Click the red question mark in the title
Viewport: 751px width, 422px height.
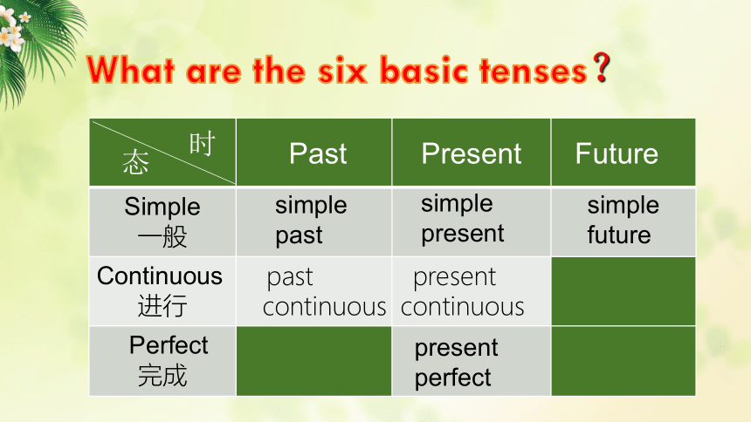(x=601, y=67)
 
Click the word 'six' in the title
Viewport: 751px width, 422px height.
(x=342, y=71)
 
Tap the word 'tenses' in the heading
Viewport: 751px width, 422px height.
(x=533, y=71)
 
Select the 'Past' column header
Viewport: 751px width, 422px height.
(x=318, y=153)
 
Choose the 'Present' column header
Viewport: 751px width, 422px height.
(x=472, y=153)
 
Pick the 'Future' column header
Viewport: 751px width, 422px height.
(x=617, y=153)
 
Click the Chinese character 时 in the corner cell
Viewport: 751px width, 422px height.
(x=202, y=144)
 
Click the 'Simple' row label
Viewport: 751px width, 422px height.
(x=162, y=221)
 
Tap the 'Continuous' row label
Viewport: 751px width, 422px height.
(x=160, y=290)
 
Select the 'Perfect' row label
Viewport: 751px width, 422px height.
(x=169, y=360)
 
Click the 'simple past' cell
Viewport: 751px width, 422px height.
(x=311, y=220)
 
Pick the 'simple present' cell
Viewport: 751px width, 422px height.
(x=463, y=219)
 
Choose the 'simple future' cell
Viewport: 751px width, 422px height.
(x=624, y=220)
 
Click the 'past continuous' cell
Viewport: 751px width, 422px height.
(x=324, y=291)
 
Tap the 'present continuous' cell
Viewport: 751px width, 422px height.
(x=463, y=291)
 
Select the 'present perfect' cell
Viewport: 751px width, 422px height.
(x=457, y=362)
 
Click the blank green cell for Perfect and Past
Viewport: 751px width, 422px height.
(x=313, y=361)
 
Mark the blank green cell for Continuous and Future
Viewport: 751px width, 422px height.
(x=624, y=291)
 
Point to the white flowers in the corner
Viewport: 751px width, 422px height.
(x=13, y=28)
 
